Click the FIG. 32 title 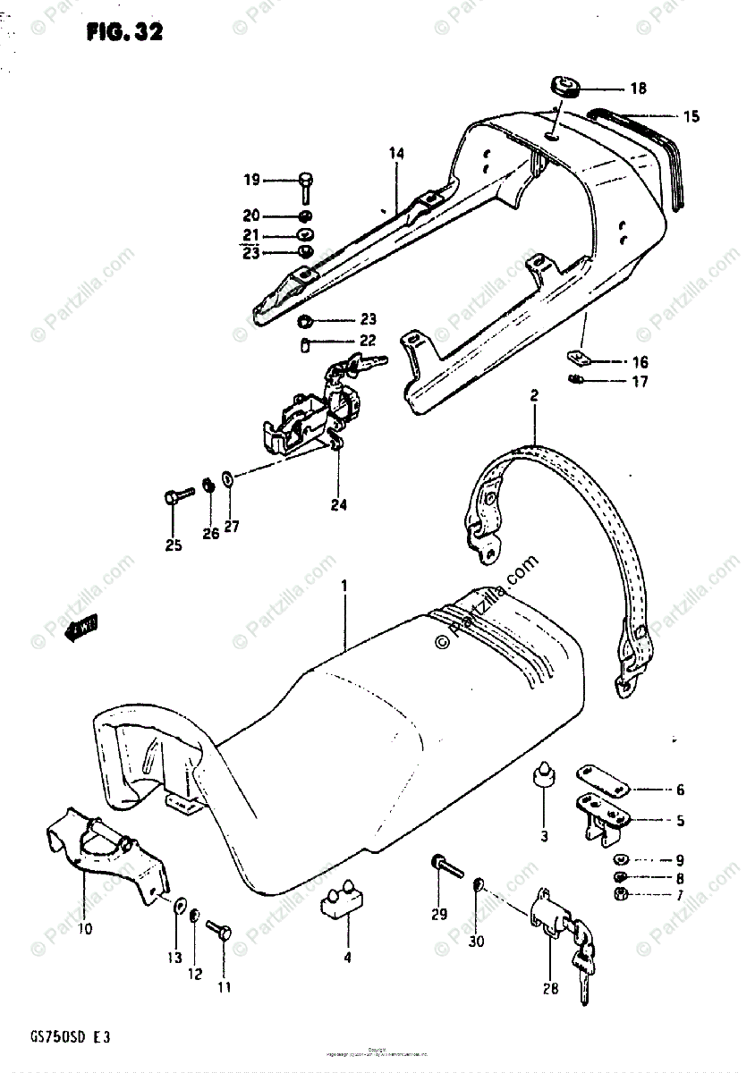(125, 34)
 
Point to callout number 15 (691, 116)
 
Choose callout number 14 (396, 154)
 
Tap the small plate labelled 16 (582, 359)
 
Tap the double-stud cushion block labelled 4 (344, 897)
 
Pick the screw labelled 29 (445, 865)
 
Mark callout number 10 (84, 903)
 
